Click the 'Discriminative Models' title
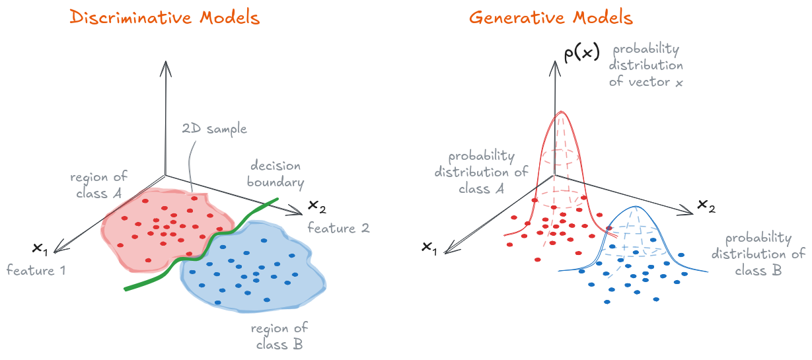click(x=165, y=17)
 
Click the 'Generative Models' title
click(x=551, y=17)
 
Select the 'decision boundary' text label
click(x=274, y=173)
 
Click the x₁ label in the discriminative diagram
click(x=40, y=248)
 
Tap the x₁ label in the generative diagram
click(x=429, y=247)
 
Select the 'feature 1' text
click(x=36, y=270)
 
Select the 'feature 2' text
click(x=338, y=229)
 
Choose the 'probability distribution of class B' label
click(x=764, y=254)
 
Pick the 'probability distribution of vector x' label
click(x=646, y=66)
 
